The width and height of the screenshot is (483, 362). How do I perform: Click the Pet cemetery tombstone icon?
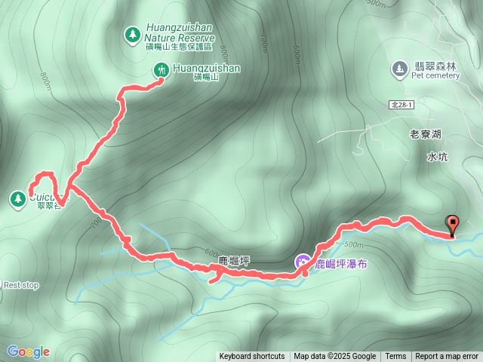click(x=398, y=69)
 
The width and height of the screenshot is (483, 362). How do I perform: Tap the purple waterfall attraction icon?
click(x=303, y=262)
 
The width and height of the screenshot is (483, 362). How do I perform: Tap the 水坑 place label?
click(x=437, y=157)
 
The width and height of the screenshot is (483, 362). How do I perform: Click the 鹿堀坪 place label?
click(x=234, y=260)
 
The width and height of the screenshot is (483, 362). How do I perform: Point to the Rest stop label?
click(x=20, y=285)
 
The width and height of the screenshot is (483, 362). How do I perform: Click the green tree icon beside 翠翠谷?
click(x=17, y=198)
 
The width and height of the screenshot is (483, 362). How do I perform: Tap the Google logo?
click(x=28, y=351)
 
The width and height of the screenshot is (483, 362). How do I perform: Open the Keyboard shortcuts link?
click(x=252, y=357)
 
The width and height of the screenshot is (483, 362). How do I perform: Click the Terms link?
click(x=395, y=357)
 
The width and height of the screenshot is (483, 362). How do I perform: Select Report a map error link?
click(x=447, y=357)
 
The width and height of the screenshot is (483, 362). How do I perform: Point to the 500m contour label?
click(x=353, y=244)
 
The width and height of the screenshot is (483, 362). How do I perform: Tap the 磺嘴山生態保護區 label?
click(x=180, y=47)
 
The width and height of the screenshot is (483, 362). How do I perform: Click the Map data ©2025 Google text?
click(x=335, y=357)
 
